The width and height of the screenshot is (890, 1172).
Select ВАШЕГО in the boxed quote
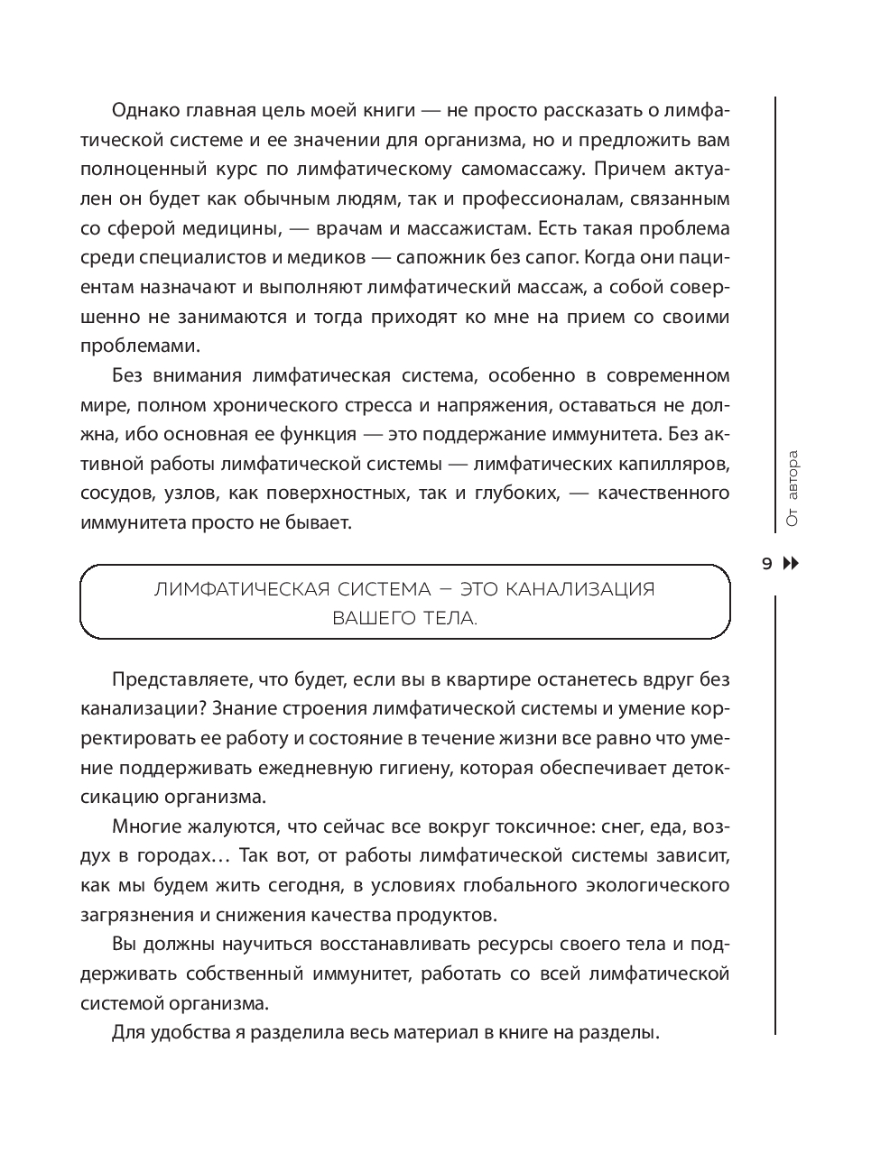(368, 619)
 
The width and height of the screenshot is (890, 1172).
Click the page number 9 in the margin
(767, 565)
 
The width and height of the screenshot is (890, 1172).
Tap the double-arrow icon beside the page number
(791, 565)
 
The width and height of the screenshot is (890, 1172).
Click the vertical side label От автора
(793, 488)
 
